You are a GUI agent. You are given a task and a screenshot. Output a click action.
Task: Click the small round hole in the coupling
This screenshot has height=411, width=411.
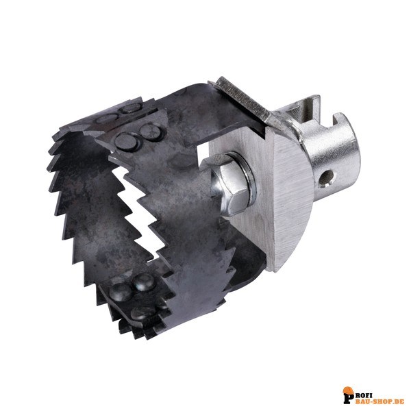(x=327, y=179)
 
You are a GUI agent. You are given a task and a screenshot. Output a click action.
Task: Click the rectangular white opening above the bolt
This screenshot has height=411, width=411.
(x=203, y=147)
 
